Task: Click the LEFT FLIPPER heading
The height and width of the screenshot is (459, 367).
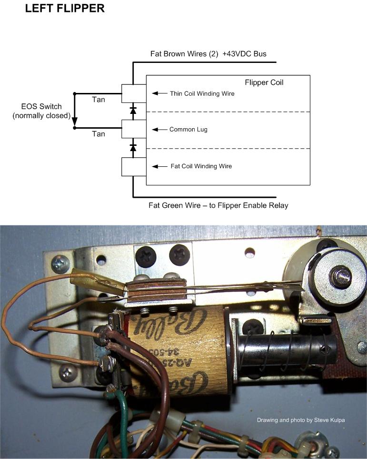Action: pos(65,9)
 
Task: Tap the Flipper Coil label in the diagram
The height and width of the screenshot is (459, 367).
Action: pos(264,82)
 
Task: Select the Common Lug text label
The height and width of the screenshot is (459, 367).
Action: pos(188,129)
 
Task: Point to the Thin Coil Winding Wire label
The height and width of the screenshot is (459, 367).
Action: pos(202,93)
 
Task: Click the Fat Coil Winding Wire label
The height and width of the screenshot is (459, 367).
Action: pos(201,166)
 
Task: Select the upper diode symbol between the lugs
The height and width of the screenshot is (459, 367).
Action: pos(133,111)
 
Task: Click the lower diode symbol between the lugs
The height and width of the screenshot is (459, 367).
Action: pos(133,147)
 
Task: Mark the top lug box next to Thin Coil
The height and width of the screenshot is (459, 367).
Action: pos(133,93)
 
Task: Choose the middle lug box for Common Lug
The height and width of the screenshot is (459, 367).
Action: pos(133,129)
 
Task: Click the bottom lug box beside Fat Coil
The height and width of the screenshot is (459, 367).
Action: pos(133,166)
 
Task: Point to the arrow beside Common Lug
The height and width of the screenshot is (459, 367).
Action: pos(159,130)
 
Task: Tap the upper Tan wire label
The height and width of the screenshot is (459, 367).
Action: pos(98,100)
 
